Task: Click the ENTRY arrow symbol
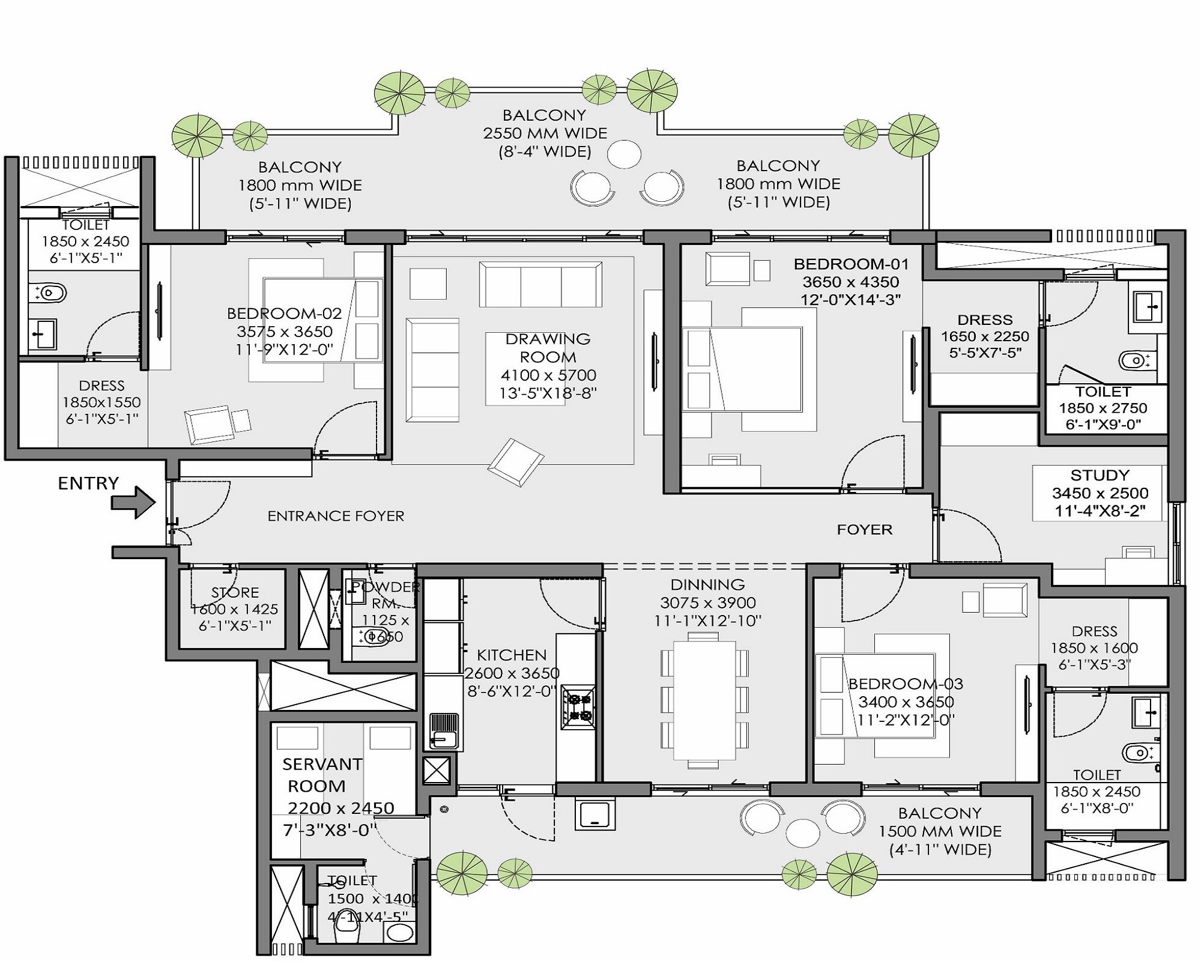point(133,502)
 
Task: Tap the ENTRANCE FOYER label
point(336,516)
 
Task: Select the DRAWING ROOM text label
point(548,348)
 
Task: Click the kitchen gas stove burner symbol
point(578,707)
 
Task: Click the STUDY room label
point(1100,475)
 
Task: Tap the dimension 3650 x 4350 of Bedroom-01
point(851,282)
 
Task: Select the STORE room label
point(235,592)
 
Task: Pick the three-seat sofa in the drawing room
point(540,284)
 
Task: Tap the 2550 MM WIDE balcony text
point(545,133)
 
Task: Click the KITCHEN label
point(512,655)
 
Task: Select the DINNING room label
point(707,584)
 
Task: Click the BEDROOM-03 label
point(906,684)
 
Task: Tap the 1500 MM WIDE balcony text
point(940,831)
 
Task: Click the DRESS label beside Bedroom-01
point(985,320)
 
